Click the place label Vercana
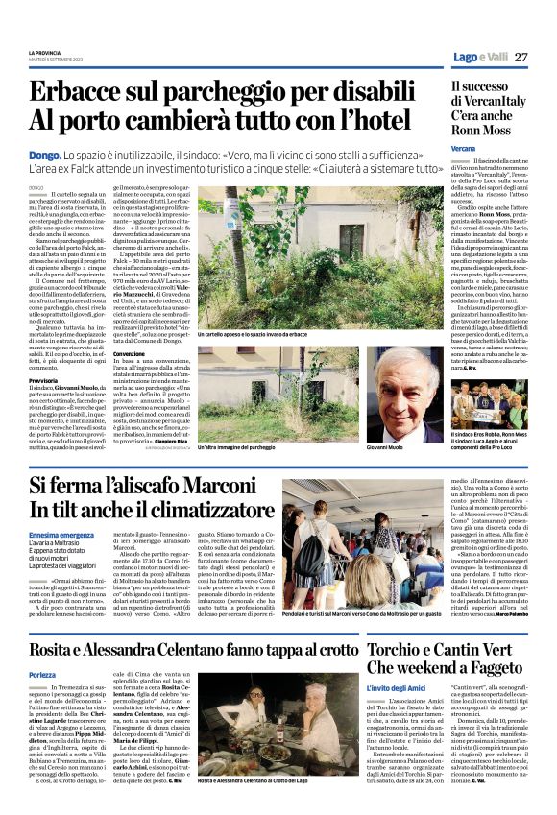point(463,151)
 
